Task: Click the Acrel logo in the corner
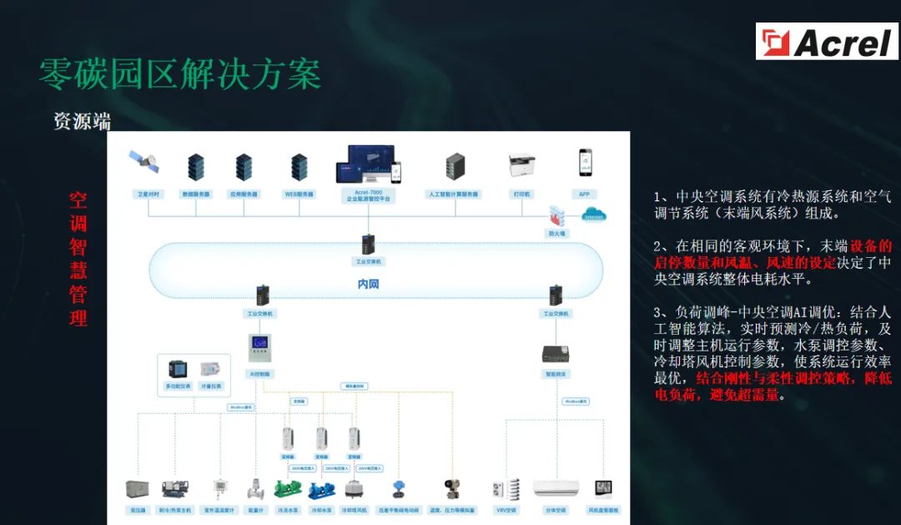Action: (x=827, y=41)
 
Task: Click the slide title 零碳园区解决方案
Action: (x=180, y=75)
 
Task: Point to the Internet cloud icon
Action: (x=594, y=215)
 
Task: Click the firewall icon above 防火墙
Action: (x=556, y=216)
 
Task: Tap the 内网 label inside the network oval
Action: (x=368, y=285)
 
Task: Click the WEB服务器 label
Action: (x=299, y=194)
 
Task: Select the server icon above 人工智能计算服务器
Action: (x=454, y=167)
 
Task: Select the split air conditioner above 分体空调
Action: (x=556, y=487)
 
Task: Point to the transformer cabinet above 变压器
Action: (x=136, y=490)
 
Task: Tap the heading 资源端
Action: (x=82, y=121)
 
